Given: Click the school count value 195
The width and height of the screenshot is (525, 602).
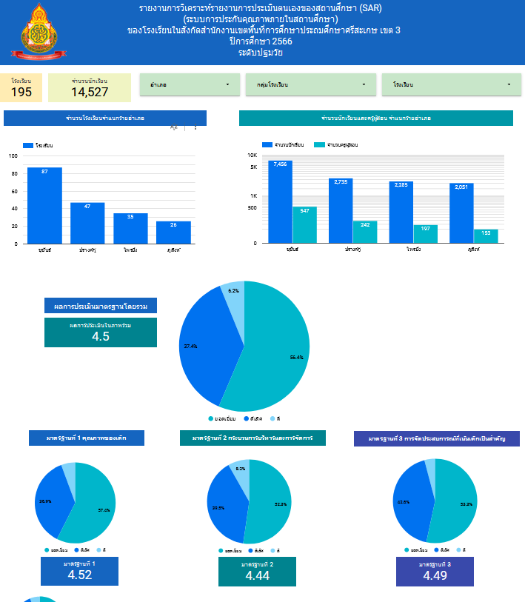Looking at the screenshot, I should (x=21, y=92).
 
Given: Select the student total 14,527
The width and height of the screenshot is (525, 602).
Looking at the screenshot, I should (x=90, y=92).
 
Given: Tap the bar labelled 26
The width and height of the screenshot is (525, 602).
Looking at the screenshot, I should (x=173, y=233).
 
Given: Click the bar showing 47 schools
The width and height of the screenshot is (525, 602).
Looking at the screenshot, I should (x=87, y=223).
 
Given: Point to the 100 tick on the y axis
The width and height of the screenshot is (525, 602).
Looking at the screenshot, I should (x=13, y=155).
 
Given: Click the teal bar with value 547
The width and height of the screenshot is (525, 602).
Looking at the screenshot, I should (x=304, y=224).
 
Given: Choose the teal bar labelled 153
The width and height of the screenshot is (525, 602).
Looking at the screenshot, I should (x=486, y=236).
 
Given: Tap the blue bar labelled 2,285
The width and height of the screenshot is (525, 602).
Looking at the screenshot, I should (x=401, y=212).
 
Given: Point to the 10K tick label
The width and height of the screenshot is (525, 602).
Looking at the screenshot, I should (x=252, y=155).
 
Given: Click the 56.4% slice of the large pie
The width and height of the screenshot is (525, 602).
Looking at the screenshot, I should (x=274, y=355).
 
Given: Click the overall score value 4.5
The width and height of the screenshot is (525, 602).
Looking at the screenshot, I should (x=101, y=336).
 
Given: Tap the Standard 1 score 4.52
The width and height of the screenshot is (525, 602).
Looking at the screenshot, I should (x=79, y=575).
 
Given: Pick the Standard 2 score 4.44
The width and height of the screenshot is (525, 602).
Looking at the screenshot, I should (x=256, y=575).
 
